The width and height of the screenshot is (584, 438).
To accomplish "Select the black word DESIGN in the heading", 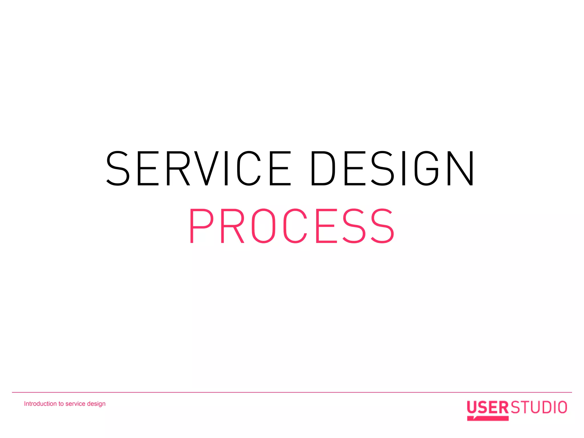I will click(x=392, y=168).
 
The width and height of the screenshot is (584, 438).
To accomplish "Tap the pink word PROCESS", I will click(x=291, y=226).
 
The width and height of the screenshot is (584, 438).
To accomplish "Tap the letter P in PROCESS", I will click(x=201, y=226).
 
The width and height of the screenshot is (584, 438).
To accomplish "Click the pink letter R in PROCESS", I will click(x=232, y=226).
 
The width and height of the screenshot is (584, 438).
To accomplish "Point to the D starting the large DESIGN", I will click(x=323, y=168).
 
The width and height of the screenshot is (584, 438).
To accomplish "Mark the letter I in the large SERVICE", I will click(x=226, y=168).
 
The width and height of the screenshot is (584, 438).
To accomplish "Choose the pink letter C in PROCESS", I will click(x=295, y=226).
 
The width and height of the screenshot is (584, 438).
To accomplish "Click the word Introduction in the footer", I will click(x=40, y=404).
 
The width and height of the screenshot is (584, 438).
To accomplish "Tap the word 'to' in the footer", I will click(x=61, y=404).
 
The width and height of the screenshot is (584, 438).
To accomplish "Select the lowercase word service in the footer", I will click(x=75, y=404).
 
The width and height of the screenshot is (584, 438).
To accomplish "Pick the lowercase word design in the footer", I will click(x=96, y=404).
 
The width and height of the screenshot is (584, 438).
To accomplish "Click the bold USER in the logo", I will click(x=487, y=407).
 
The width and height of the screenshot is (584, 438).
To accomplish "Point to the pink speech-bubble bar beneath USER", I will click(x=488, y=418).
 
